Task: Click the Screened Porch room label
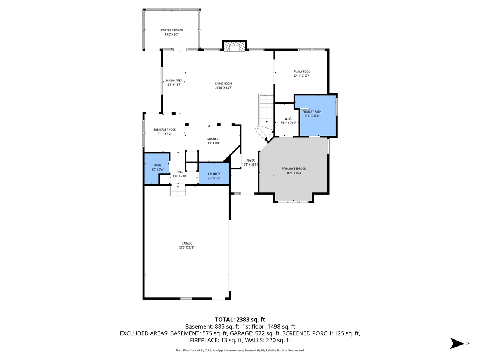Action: [x=171, y=30]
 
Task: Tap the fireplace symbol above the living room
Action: [x=234, y=46]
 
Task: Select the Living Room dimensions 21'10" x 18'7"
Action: [x=223, y=88]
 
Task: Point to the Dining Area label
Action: [x=174, y=81]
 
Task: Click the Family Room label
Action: [x=302, y=72]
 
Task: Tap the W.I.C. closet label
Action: [x=288, y=119]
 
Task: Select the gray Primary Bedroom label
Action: [x=294, y=169]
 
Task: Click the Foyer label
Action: [x=250, y=160]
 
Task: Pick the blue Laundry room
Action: [x=214, y=174]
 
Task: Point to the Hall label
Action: [x=180, y=172]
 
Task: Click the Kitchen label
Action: [x=213, y=139]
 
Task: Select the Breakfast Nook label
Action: [x=164, y=130]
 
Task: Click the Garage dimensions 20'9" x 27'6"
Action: [x=187, y=247]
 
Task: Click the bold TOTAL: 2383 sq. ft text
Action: [x=240, y=319]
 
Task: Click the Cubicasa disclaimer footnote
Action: [x=240, y=350]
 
